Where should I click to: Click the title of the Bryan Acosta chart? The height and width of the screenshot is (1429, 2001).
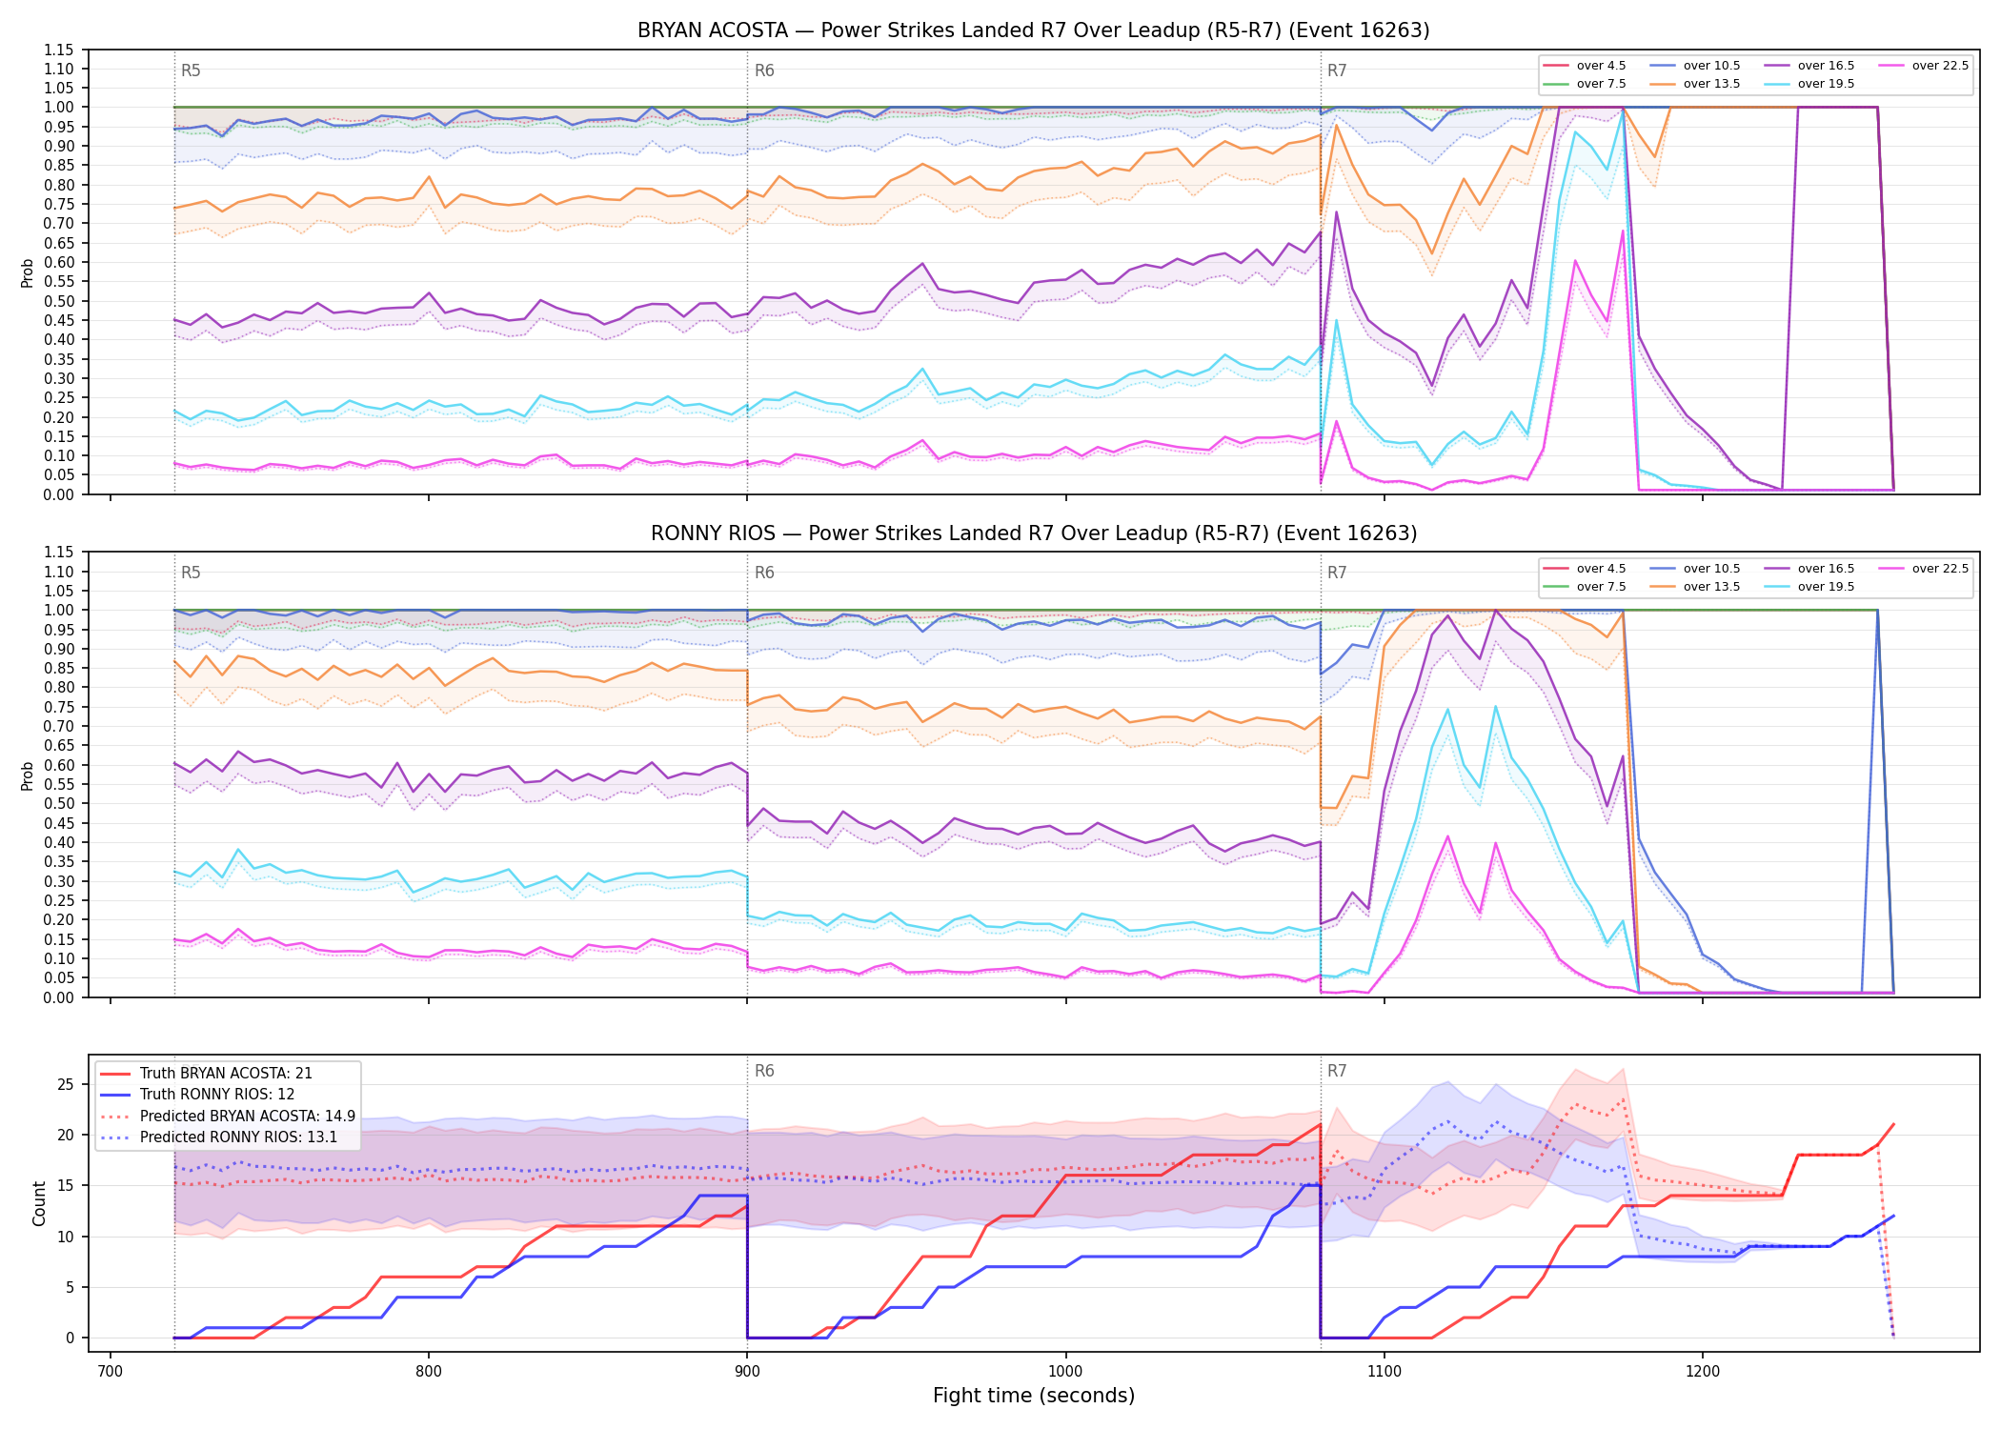pyautogui.click(x=1034, y=30)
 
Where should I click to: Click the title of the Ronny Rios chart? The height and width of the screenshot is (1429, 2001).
pyautogui.click(x=1034, y=533)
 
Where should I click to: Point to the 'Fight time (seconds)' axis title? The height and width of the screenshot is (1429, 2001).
pyautogui.click(x=1034, y=1396)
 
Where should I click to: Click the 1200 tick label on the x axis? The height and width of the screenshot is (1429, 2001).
pyautogui.click(x=1703, y=1372)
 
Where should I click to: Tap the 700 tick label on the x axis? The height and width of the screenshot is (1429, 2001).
pyautogui.click(x=111, y=1372)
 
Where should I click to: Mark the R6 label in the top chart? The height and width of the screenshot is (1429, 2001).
pyautogui.click(x=764, y=70)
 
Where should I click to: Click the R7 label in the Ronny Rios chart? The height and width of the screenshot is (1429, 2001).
pyautogui.click(x=1337, y=573)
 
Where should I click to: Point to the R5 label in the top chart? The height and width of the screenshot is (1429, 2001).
pyautogui.click(x=191, y=70)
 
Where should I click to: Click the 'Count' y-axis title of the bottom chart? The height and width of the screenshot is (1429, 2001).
pyautogui.click(x=39, y=1203)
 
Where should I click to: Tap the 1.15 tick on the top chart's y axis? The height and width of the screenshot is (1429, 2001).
pyautogui.click(x=58, y=50)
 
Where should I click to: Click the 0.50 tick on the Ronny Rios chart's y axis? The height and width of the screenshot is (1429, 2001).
pyautogui.click(x=58, y=804)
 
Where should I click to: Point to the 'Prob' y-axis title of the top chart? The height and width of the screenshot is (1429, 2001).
pyautogui.click(x=28, y=272)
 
